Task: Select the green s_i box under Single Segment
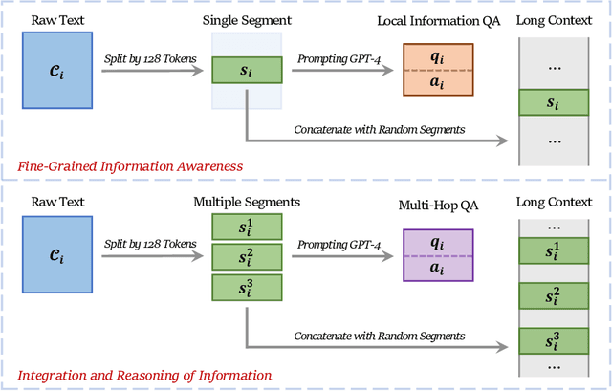[246, 72]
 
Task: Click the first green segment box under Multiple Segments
[246, 227]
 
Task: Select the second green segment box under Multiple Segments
[246, 256]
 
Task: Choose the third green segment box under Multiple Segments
[246, 287]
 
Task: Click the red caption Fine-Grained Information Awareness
[130, 166]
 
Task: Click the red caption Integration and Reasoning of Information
[144, 375]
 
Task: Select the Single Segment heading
[246, 19]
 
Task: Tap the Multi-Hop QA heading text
[436, 204]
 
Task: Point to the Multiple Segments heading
[246, 204]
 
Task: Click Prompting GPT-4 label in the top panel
[343, 59]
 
